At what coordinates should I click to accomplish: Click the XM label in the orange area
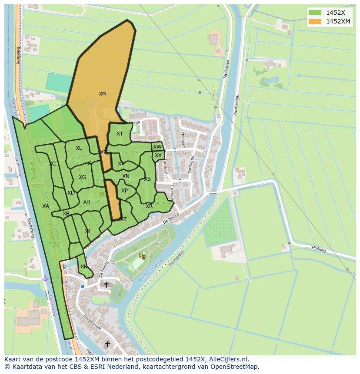[x=103, y=94]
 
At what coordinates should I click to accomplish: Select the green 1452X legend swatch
[x=314, y=13]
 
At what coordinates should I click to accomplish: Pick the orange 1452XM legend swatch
[x=314, y=21]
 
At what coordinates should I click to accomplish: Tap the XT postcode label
[x=120, y=134]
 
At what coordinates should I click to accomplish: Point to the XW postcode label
[x=157, y=147]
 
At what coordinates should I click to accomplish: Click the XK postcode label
[x=84, y=267]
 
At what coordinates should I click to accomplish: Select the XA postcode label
[x=46, y=206]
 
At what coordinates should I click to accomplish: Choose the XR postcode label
[x=149, y=206]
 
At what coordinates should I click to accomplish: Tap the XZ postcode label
[x=123, y=219]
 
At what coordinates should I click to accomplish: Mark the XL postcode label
[x=79, y=148]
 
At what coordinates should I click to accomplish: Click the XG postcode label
[x=82, y=177]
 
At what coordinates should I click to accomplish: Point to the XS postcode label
[x=147, y=179]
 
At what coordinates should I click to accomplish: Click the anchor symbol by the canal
[x=44, y=278]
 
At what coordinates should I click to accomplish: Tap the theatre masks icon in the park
[x=141, y=257]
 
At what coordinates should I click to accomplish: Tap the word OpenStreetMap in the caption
[x=237, y=367]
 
